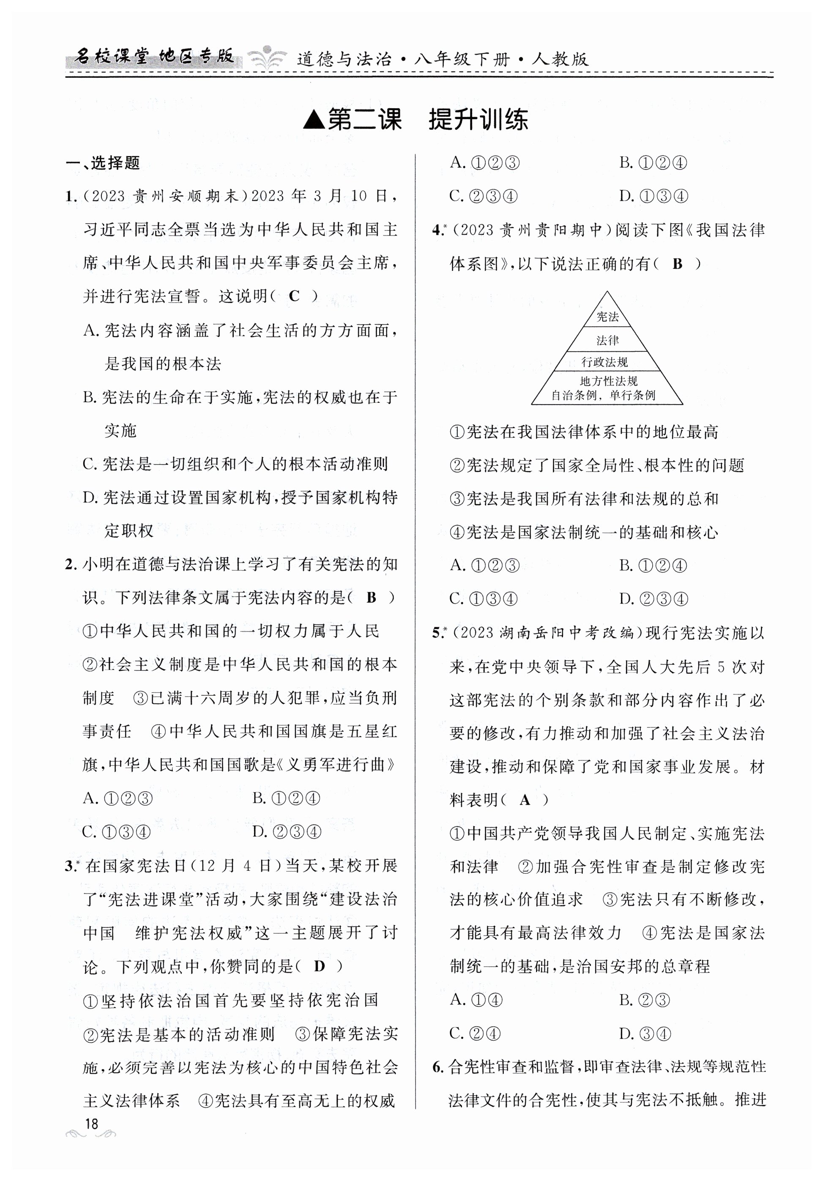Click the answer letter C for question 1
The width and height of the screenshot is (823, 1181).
click(x=294, y=296)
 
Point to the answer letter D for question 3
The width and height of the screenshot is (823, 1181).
click(x=320, y=966)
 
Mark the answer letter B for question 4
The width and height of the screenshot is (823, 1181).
click(x=678, y=264)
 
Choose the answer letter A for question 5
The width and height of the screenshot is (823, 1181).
click(x=525, y=800)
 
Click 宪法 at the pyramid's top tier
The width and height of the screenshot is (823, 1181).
click(x=607, y=317)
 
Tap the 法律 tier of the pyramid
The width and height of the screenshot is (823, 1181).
click(x=607, y=341)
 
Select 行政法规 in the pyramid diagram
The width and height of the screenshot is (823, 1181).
click(x=605, y=362)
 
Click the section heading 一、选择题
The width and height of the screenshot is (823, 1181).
click(x=103, y=163)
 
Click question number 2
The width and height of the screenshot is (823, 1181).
click(x=71, y=565)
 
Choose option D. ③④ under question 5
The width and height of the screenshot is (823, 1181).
click(x=645, y=1033)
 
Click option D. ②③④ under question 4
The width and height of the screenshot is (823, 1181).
click(x=653, y=599)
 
